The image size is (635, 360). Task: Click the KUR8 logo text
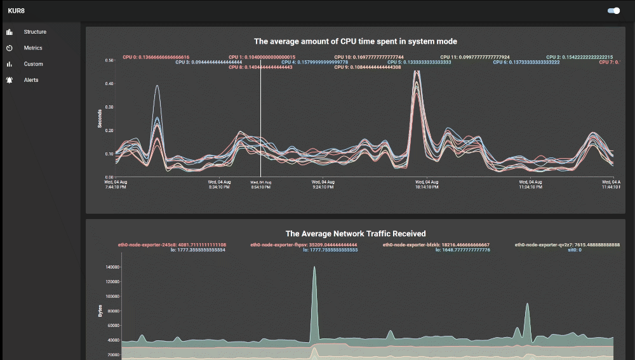tap(16, 11)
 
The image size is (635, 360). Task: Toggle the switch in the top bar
tap(613, 11)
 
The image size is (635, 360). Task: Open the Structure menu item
tap(35, 32)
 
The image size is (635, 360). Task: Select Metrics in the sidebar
tap(33, 48)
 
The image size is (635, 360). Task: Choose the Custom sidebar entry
tap(34, 64)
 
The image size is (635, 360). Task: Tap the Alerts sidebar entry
tap(31, 80)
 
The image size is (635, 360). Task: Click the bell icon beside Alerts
tap(10, 80)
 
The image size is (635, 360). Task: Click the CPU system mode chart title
tap(356, 41)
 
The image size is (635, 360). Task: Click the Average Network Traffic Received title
tap(356, 234)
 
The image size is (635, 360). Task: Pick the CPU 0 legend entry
tap(156, 57)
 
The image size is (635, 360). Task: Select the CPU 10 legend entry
tap(369, 57)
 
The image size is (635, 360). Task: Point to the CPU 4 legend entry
tap(316, 62)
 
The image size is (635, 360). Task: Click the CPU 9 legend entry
tap(368, 67)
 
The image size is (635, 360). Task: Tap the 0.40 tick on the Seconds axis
tap(109, 84)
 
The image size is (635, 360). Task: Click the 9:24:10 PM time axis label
tap(323, 184)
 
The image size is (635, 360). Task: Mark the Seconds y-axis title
tap(100, 118)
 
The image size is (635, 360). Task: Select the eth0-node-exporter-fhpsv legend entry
tap(304, 244)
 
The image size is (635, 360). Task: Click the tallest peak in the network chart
tap(314, 267)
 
